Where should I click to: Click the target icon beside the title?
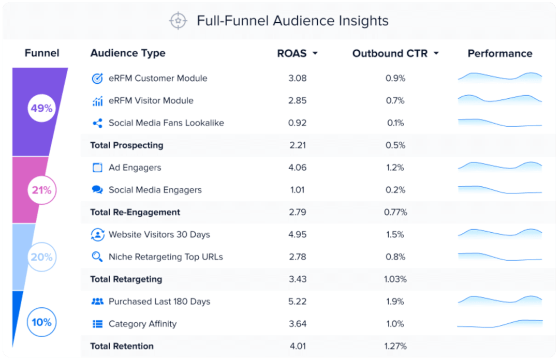[178, 21]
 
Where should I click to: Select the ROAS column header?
[292, 53]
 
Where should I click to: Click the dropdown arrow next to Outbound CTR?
[436, 54]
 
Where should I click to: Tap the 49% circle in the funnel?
[41, 109]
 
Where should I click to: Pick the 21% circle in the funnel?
[41, 190]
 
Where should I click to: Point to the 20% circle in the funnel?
[41, 257]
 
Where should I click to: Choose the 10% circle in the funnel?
[41, 322]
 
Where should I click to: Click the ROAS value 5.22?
[298, 302]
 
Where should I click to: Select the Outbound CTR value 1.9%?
[395, 302]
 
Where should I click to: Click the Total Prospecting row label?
[127, 145]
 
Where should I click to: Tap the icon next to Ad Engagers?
[97, 168]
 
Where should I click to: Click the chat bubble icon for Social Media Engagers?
[97, 190]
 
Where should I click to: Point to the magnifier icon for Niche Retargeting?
[97, 257]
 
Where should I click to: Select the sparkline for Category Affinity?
[499, 324]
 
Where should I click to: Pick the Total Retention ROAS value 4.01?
[298, 346]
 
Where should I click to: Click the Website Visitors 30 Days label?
[159, 234]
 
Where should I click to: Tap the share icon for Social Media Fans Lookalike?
[97, 123]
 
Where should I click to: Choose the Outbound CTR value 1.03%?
[395, 279]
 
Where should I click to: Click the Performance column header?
[499, 53]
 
